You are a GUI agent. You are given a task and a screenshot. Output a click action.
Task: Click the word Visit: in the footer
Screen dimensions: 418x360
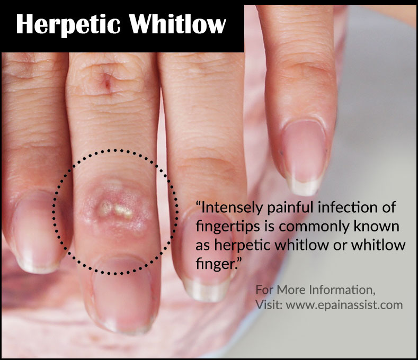coord(269,304)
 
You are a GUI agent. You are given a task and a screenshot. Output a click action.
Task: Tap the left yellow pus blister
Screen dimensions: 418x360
coord(106,208)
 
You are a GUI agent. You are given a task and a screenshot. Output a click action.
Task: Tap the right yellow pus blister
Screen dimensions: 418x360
coord(123,211)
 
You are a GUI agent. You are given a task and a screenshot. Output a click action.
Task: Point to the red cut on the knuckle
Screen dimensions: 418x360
coord(108,83)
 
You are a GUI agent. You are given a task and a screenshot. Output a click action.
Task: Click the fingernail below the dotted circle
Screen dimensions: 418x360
coord(122,293)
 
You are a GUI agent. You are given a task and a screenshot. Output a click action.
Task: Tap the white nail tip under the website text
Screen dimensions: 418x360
coord(206,289)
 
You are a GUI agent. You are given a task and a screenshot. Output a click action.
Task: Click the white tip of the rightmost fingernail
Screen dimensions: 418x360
coord(305,186)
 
